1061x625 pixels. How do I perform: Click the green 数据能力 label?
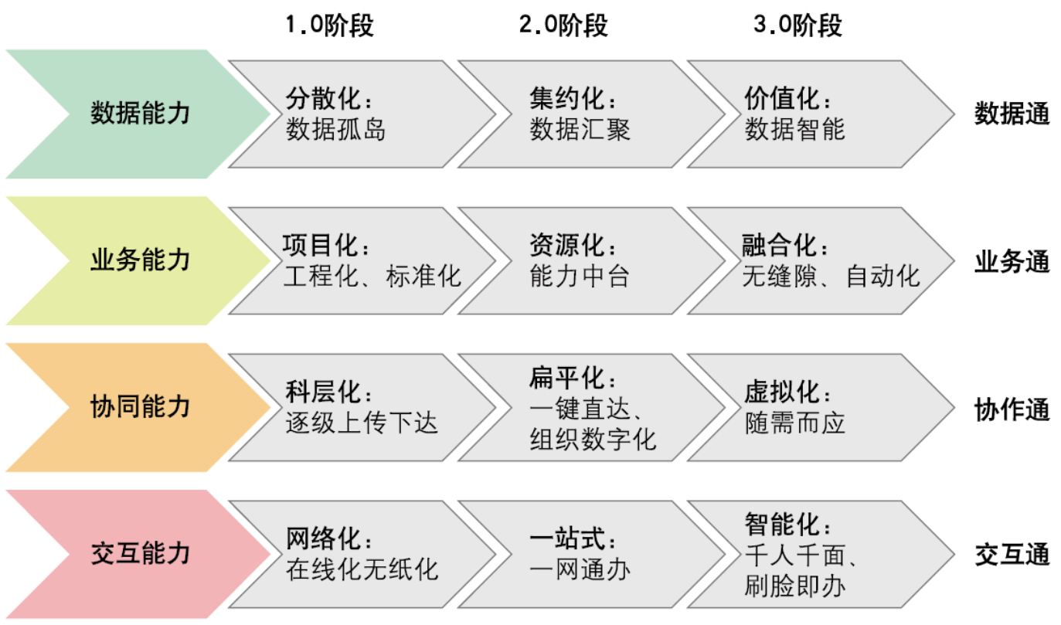pyautogui.click(x=140, y=114)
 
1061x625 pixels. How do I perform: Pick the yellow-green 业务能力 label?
pyautogui.click(x=140, y=260)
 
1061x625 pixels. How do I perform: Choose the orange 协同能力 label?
pyautogui.click(x=140, y=407)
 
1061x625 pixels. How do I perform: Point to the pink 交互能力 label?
pyautogui.click(x=140, y=553)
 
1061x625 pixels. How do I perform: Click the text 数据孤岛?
pyautogui.click(x=335, y=129)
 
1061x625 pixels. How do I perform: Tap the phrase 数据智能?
pyautogui.click(x=795, y=129)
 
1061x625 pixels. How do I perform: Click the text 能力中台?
pyautogui.click(x=580, y=276)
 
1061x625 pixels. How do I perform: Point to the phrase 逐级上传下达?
pyautogui.click(x=362, y=423)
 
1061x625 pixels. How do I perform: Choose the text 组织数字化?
pyautogui.click(x=593, y=440)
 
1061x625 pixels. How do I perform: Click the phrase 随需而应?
pyautogui.click(x=795, y=423)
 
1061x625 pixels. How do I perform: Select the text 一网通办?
pyautogui.click(x=580, y=569)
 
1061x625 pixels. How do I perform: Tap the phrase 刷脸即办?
pyautogui.click(x=795, y=586)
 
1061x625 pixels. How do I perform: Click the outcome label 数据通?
pyautogui.click(x=1012, y=114)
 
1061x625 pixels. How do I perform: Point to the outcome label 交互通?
pyautogui.click(x=1012, y=555)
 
